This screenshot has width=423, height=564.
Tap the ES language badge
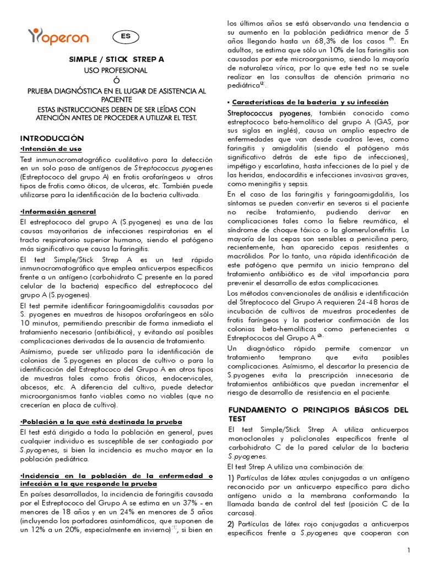[x=126, y=37]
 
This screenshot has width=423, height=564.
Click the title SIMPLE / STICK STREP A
[x=116, y=59]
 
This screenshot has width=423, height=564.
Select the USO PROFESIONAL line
[x=116, y=70]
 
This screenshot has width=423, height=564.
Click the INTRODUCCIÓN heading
[x=52, y=138]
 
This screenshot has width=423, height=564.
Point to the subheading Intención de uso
[x=51, y=149]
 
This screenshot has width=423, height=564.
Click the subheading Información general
[x=58, y=211]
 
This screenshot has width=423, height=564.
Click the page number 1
[x=409, y=550]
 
